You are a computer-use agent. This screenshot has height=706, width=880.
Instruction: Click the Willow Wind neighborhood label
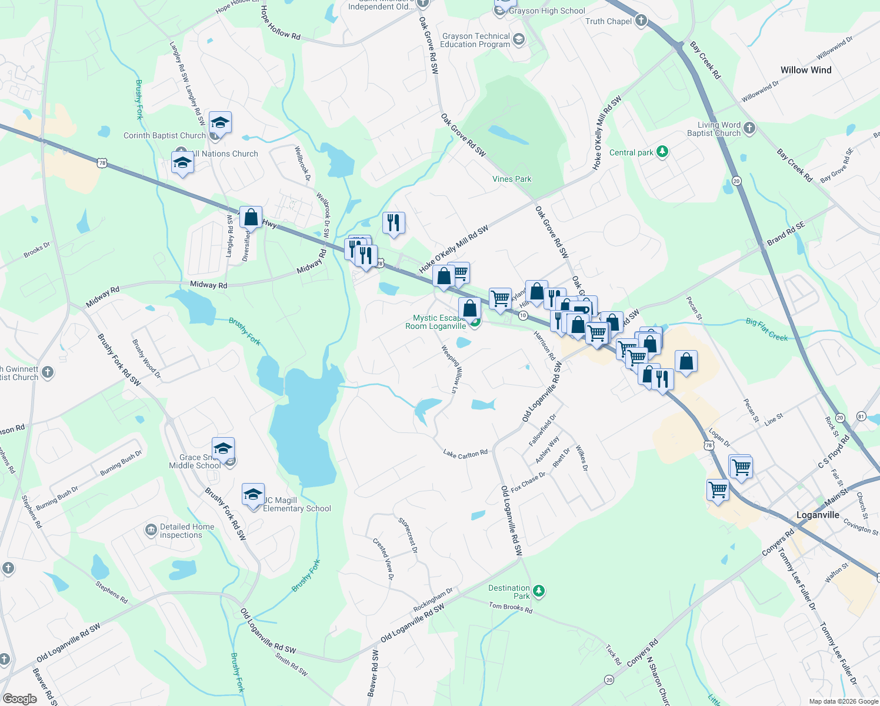(805, 70)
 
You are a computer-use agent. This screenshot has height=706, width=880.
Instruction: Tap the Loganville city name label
(818, 515)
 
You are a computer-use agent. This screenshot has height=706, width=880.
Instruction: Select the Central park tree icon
(663, 152)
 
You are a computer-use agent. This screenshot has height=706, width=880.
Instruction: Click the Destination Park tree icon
(538, 591)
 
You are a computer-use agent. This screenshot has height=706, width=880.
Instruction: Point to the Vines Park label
(512, 179)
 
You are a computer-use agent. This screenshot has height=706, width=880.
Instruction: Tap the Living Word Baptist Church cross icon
(749, 128)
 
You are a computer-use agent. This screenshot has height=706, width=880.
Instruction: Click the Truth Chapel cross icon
(641, 21)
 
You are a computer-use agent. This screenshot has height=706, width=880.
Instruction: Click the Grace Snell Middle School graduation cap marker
(223, 449)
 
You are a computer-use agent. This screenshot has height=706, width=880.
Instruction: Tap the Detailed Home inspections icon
(151, 531)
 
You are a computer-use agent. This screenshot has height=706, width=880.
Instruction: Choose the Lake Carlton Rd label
(465, 454)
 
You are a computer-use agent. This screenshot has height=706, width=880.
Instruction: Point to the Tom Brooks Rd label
(511, 608)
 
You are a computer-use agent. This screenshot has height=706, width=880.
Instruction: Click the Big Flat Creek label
(766, 329)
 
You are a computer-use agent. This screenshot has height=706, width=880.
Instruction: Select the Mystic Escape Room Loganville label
(436, 322)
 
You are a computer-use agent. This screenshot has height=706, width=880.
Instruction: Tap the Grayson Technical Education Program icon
(518, 39)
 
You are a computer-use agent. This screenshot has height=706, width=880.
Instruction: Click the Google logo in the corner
(20, 698)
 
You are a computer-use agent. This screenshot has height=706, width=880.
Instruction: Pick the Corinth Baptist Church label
(164, 135)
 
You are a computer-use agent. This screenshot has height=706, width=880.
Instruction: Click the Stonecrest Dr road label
(408, 535)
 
